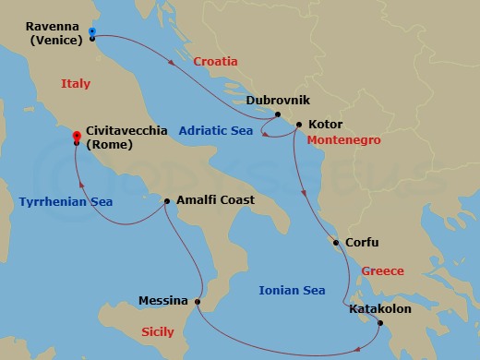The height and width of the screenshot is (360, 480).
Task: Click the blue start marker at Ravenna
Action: pyautogui.click(x=93, y=32)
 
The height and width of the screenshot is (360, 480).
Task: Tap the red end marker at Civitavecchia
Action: pyautogui.click(x=76, y=137)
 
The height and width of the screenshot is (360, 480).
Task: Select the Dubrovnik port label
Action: pyautogui.click(x=277, y=100)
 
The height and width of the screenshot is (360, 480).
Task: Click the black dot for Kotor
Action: pyautogui.click(x=298, y=124)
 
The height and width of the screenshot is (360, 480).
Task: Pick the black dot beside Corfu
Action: pyautogui.click(x=336, y=244)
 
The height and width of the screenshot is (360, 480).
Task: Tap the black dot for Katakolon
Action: pyautogui.click(x=379, y=322)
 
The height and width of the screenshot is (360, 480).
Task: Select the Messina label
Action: pyautogui.click(x=165, y=301)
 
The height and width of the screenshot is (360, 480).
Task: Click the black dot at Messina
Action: pyautogui.click(x=198, y=301)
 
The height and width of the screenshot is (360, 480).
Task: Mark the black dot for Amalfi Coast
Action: pyautogui.click(x=166, y=200)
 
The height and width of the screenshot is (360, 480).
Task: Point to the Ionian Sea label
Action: pyautogui.click(x=294, y=290)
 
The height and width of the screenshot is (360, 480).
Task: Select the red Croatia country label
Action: pyautogui.click(x=216, y=62)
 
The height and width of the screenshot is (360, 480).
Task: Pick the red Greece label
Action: pyautogui.click(x=381, y=271)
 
